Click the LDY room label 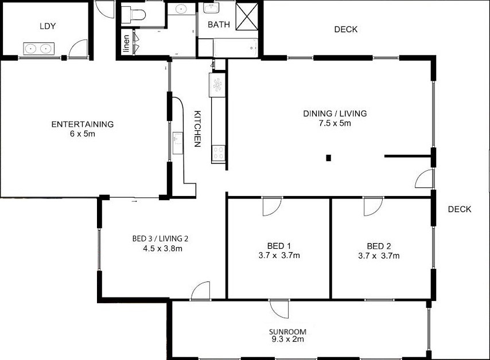[x=48, y=26]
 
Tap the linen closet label [x=126, y=44]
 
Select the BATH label [x=219, y=24]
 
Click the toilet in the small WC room [x=134, y=15]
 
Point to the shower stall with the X [x=247, y=17]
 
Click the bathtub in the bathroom [x=236, y=48]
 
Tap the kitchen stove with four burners [x=219, y=153]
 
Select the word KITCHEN [x=197, y=128]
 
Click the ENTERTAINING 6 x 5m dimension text [x=83, y=134]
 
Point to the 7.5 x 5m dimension [x=335, y=123]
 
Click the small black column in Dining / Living [x=328, y=158]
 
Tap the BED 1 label [x=279, y=246]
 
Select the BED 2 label [x=379, y=246]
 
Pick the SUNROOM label [x=288, y=331]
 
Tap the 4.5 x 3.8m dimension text [x=162, y=249]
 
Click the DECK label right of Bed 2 [x=460, y=209]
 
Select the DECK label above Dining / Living [x=346, y=29]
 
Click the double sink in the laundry [x=39, y=49]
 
